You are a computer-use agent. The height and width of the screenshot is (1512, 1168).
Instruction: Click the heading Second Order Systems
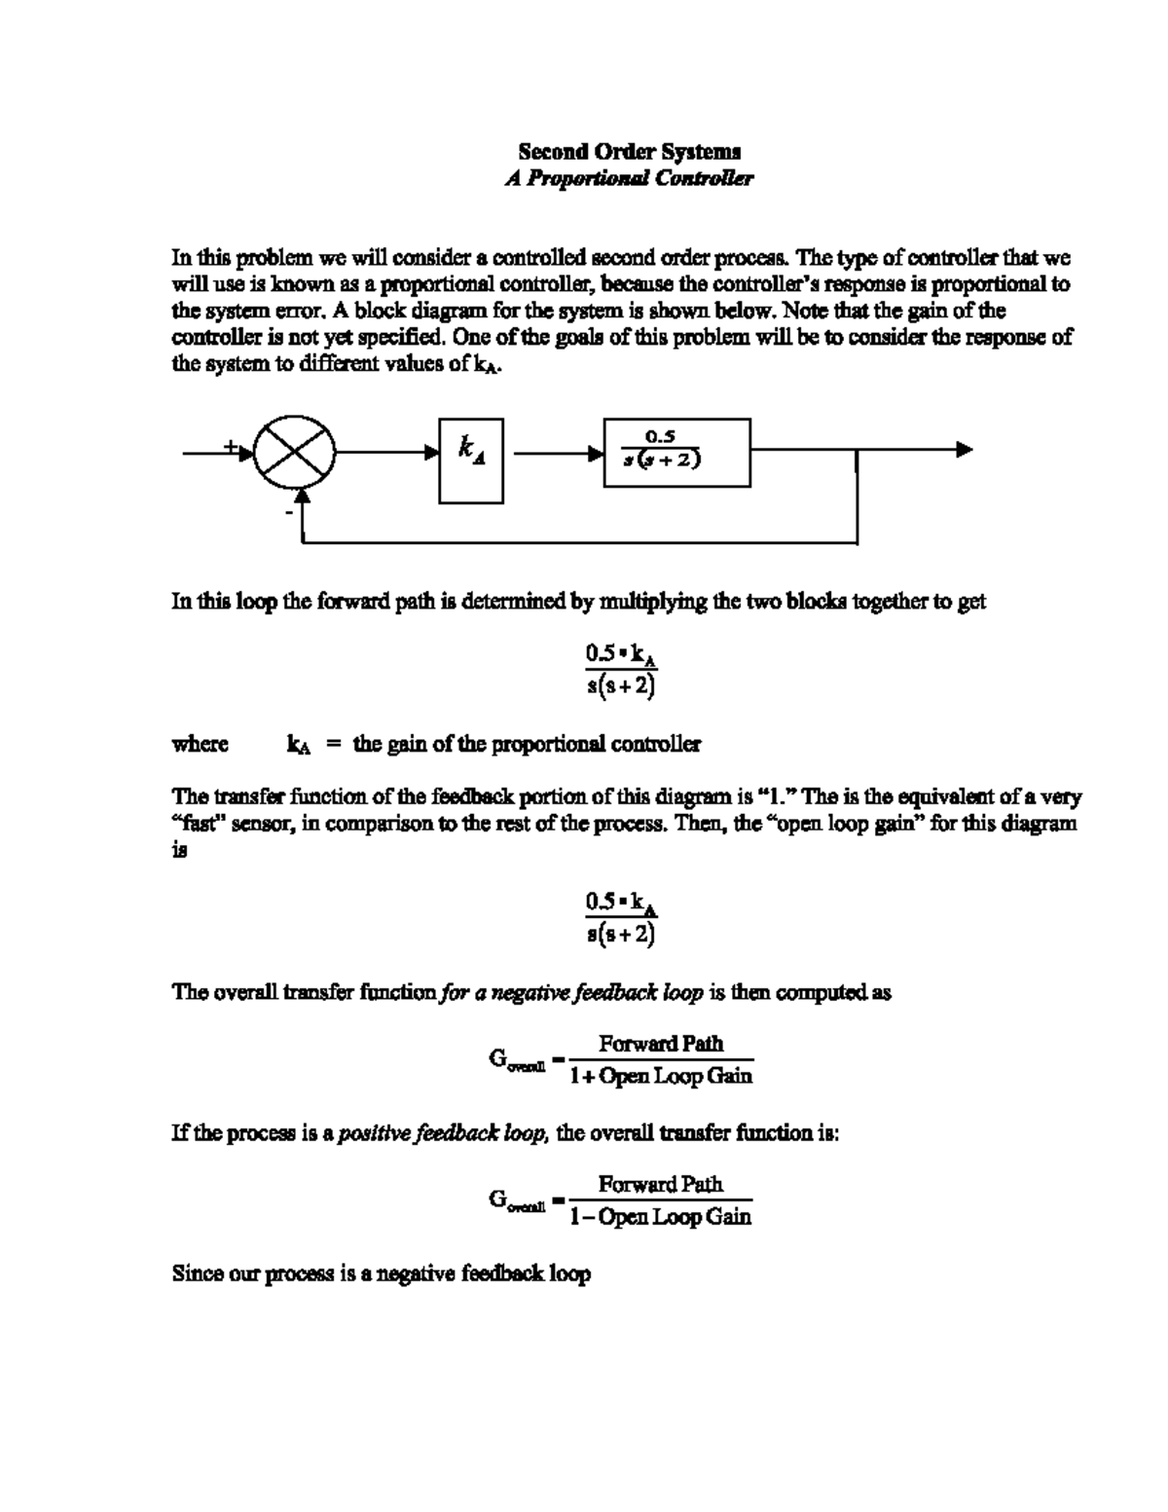629,152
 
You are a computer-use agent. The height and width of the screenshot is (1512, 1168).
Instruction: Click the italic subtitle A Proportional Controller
629,179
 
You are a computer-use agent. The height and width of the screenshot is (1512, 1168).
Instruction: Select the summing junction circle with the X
295,454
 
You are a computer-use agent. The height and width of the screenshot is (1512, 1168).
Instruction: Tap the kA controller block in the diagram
471,461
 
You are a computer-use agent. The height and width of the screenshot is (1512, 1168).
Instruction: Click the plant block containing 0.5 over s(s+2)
677,452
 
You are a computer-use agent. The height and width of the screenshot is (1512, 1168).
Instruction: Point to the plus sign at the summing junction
230,446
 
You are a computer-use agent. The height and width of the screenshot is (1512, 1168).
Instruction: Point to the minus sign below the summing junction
288,510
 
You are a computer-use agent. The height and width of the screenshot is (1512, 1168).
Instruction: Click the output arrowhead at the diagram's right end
964,450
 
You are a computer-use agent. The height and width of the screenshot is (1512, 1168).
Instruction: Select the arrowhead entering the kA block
431,453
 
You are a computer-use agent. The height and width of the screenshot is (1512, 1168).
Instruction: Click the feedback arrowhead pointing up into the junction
303,497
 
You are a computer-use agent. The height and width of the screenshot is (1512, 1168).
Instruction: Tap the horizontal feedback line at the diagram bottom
584,542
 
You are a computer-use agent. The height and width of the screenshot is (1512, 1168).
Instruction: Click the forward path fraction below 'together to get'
621,670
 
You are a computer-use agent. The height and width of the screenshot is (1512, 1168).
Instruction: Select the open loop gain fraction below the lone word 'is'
621,918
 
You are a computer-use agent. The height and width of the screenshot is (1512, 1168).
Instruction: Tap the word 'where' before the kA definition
201,745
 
